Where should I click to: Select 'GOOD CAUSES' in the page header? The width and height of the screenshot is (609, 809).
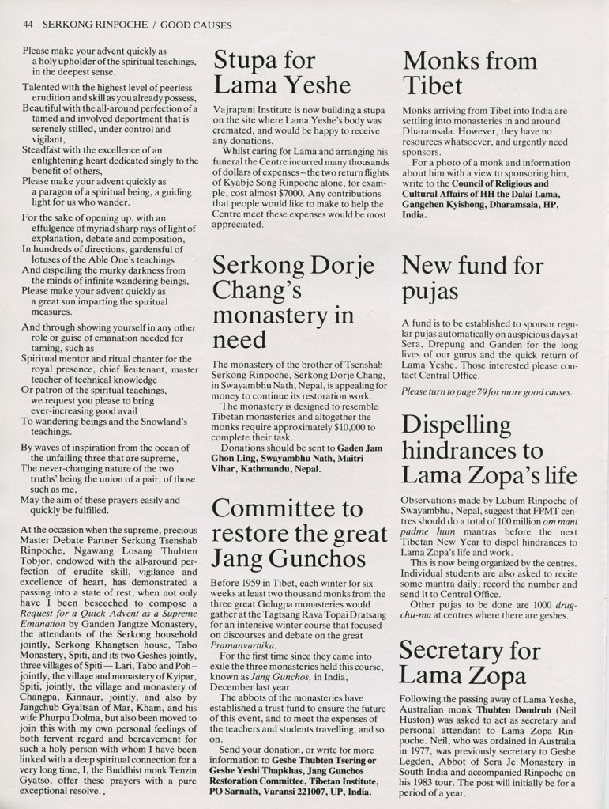194,25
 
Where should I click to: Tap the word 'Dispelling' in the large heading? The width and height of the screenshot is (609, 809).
457,425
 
